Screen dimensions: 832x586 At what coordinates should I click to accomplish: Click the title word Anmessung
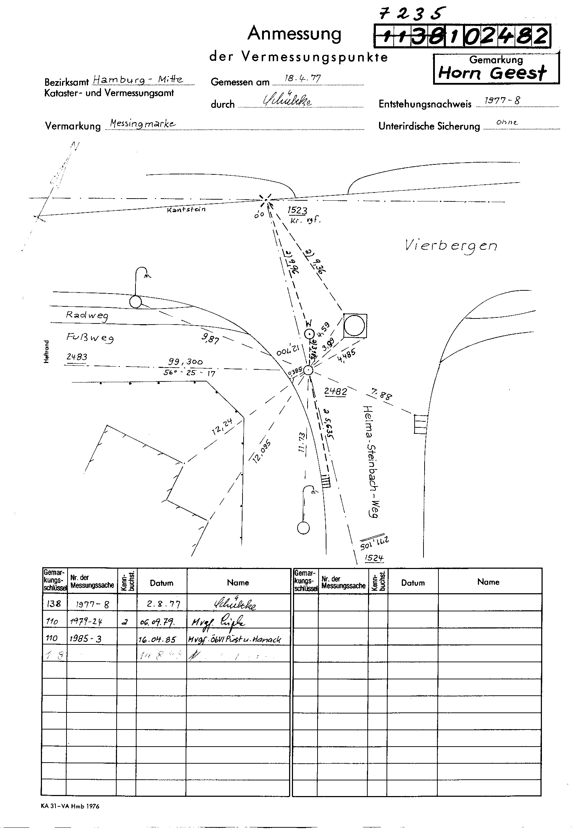pos(294,34)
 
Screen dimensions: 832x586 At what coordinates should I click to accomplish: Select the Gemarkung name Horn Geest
pos(492,73)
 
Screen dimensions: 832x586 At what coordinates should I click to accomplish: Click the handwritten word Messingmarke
pos(143,123)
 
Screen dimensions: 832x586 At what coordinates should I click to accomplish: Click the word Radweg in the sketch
pos(87,315)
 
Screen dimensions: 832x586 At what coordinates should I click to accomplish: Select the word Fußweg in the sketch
pos(90,338)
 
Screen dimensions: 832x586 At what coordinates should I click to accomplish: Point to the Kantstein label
pos(186,210)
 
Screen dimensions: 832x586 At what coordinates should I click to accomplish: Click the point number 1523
pos(297,210)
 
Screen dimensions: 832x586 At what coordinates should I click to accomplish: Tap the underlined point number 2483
pos(77,357)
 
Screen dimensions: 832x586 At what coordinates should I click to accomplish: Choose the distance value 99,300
pos(185,362)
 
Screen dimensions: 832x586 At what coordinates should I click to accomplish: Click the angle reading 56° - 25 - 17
pos(189,373)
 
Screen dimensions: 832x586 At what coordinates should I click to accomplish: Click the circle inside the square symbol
pos(354,325)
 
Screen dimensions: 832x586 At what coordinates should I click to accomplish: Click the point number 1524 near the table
pos(374,558)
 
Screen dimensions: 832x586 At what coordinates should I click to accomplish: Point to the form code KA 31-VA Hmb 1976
pos(70,806)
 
